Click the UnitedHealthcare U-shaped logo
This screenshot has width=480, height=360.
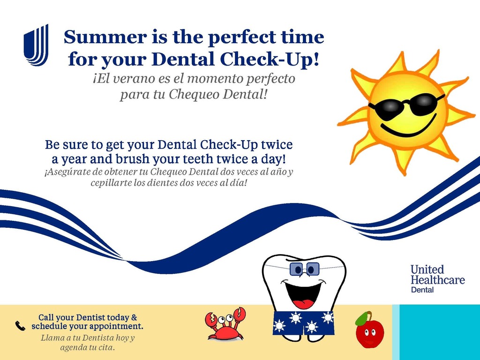point(36,45)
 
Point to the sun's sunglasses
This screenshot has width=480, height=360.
point(407,107)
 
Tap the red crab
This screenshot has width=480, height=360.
point(225,324)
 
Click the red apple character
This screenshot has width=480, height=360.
point(369,330)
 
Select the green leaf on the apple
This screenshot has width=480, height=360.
point(361,318)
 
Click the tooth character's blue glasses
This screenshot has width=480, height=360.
point(305,269)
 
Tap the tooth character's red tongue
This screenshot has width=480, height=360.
point(303,304)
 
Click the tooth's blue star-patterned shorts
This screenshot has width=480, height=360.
point(303,323)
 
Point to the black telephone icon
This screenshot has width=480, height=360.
point(20,326)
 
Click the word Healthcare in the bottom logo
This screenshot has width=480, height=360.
point(438,279)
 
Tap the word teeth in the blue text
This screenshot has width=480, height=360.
point(200,159)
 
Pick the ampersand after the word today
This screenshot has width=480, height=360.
point(134,317)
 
